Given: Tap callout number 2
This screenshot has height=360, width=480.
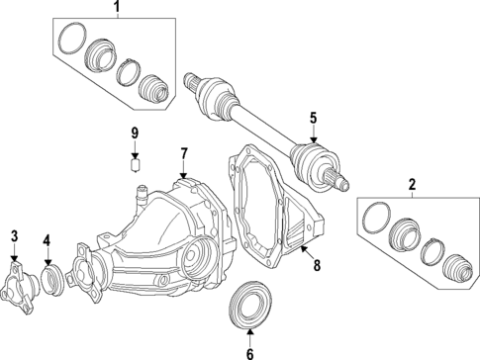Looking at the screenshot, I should pyautogui.click(x=411, y=184).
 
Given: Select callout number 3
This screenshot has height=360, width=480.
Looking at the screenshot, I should pyautogui.click(x=14, y=234).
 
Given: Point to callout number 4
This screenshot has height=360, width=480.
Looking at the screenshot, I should pyautogui.click(x=48, y=240).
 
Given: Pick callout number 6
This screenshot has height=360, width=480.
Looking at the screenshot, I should pyautogui.click(x=249, y=351).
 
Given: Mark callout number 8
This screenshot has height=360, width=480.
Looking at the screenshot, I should pyautogui.click(x=317, y=264).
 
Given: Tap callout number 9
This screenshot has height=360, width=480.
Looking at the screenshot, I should pyautogui.click(x=137, y=133).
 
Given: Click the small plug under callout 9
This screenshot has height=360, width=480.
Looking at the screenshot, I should pyautogui.click(x=138, y=164).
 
